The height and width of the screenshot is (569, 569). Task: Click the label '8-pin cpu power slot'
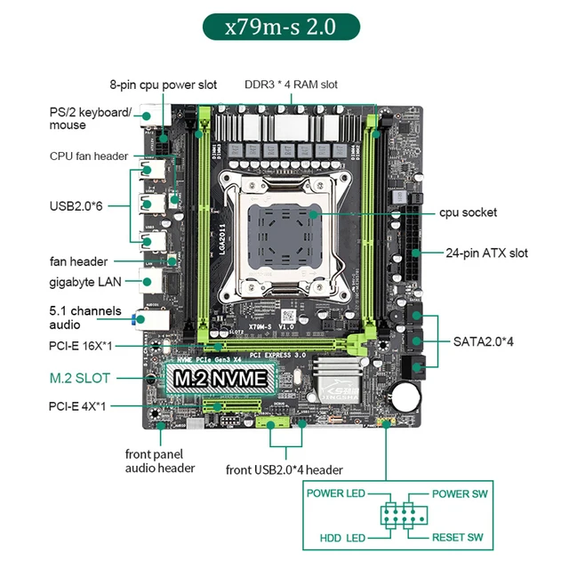click(x=164, y=85)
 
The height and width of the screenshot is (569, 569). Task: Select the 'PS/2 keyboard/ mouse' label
click(x=90, y=118)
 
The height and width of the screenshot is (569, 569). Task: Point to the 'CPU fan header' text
click(x=89, y=156)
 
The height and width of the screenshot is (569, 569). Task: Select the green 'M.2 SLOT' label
click(x=80, y=378)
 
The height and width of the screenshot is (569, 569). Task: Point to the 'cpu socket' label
click(x=468, y=212)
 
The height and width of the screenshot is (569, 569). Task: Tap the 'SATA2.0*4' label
click(x=484, y=341)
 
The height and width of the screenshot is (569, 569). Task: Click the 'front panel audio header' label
click(x=160, y=461)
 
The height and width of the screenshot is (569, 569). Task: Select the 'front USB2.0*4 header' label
click(x=284, y=469)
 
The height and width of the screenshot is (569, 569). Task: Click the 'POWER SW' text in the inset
click(x=458, y=493)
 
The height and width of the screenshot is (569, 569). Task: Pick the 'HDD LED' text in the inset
click(x=342, y=538)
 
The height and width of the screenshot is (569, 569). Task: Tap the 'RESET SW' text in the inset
click(x=457, y=538)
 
